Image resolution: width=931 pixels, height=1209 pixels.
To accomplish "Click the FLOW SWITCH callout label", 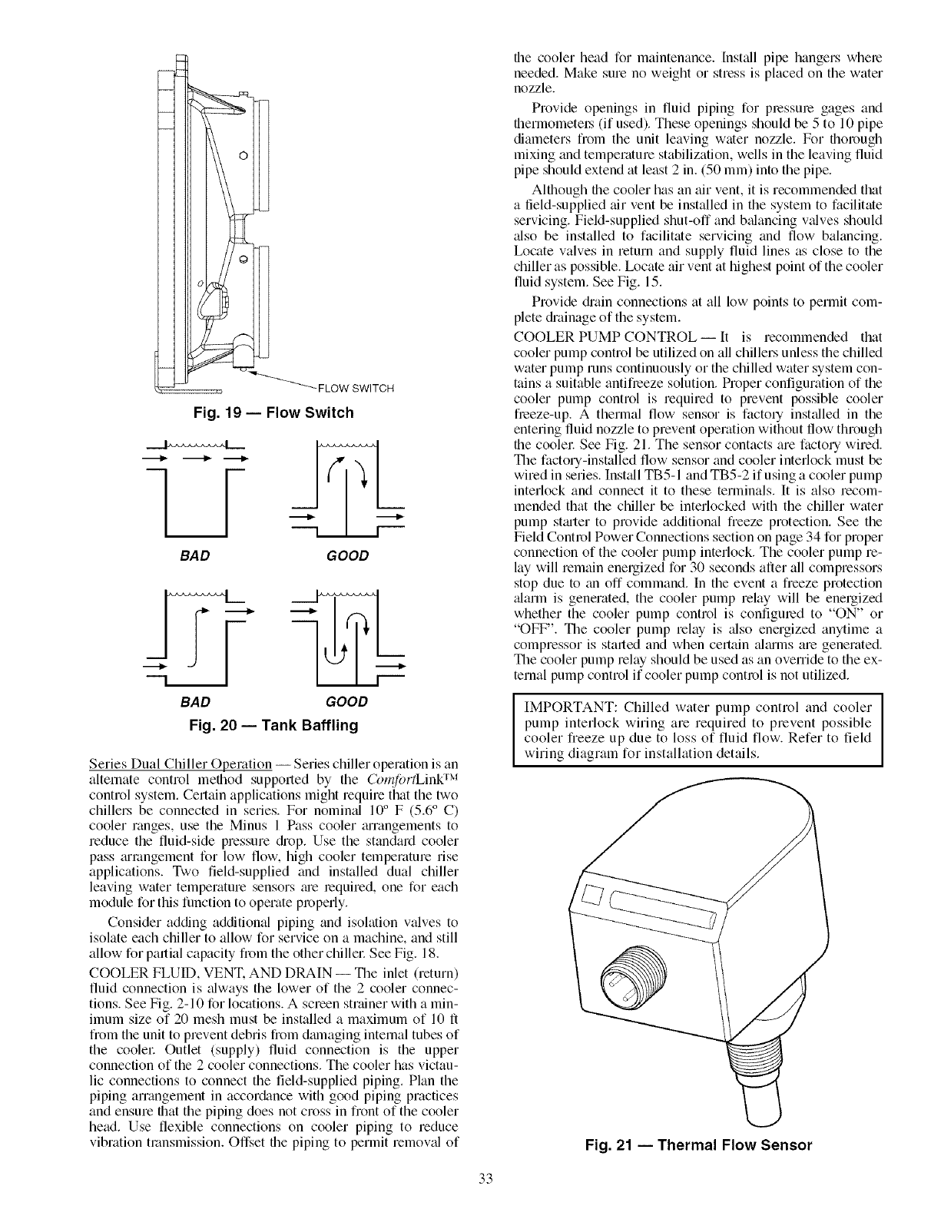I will (361, 388).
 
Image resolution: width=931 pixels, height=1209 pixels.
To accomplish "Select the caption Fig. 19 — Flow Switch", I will (273, 413).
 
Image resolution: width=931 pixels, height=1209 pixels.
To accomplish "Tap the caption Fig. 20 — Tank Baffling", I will (273, 724).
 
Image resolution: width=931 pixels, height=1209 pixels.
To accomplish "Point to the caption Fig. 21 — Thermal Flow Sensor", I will (697, 1145).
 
